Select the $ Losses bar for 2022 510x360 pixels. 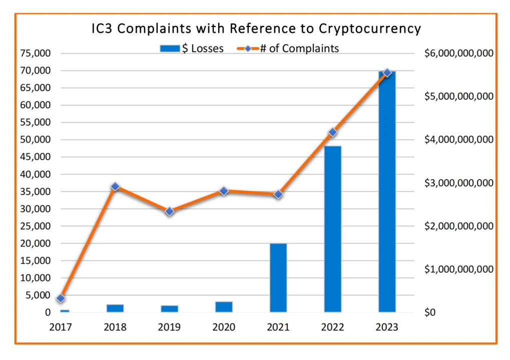[x=332, y=230]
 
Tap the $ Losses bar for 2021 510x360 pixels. [x=278, y=278]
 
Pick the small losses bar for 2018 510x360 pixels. [x=115, y=308]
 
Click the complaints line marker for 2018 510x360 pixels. [x=115, y=186]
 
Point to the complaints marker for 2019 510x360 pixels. [x=170, y=211]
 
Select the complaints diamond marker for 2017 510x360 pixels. [x=61, y=298]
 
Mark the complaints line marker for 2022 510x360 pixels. [x=332, y=132]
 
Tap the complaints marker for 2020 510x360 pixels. [x=224, y=191]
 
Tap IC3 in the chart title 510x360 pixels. [x=102, y=28]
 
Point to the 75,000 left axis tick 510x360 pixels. [x=36, y=53]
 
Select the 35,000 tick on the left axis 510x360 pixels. [x=36, y=191]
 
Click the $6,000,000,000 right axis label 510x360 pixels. [x=458, y=53]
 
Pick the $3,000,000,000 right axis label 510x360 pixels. [x=458, y=183]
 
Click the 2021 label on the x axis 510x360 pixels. [x=278, y=327]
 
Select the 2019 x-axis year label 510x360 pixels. [x=170, y=327]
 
